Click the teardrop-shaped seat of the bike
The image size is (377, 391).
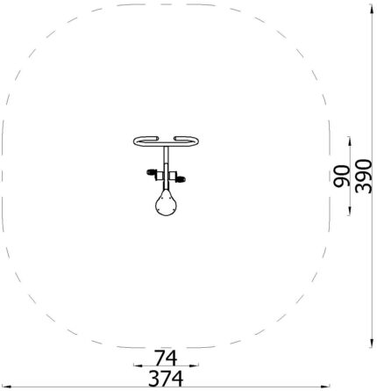[166, 203]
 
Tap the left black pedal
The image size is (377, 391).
[152, 171]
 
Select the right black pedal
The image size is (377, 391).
[181, 178]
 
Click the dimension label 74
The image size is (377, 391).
[166, 358]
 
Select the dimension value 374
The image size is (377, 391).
[166, 379]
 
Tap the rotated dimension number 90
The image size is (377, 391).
[341, 176]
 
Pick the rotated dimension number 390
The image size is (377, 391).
[363, 176]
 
